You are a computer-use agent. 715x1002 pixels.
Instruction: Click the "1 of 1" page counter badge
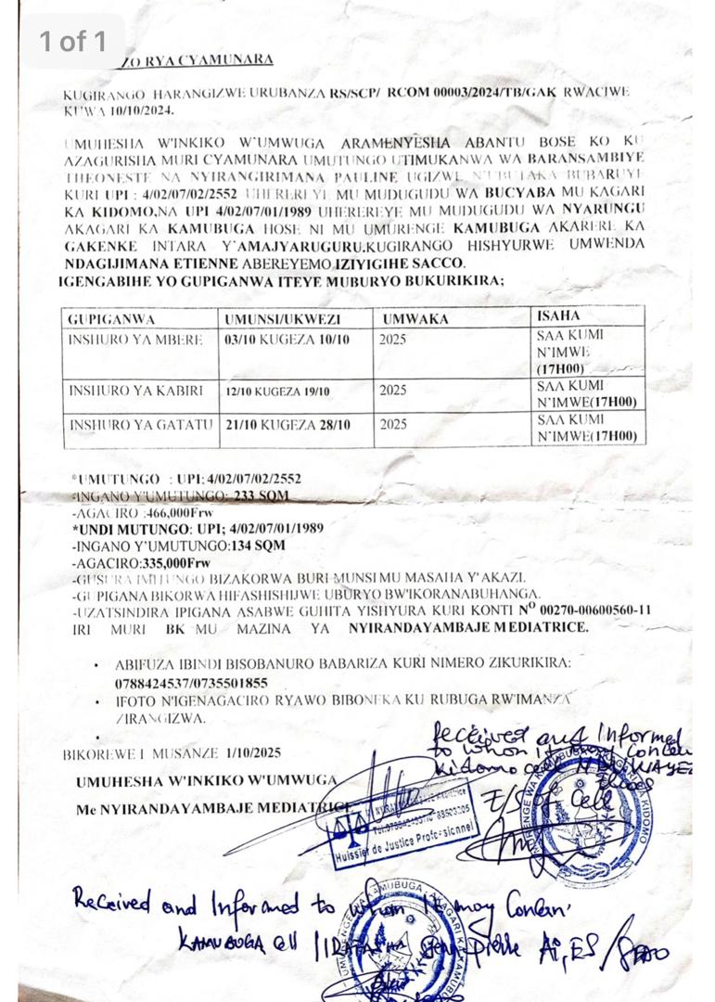pyautogui.click(x=73, y=41)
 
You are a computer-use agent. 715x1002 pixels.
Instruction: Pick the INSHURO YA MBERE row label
pyautogui.click(x=134, y=339)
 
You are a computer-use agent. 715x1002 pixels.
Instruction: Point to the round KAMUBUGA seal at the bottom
pyautogui.click(x=401, y=937)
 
